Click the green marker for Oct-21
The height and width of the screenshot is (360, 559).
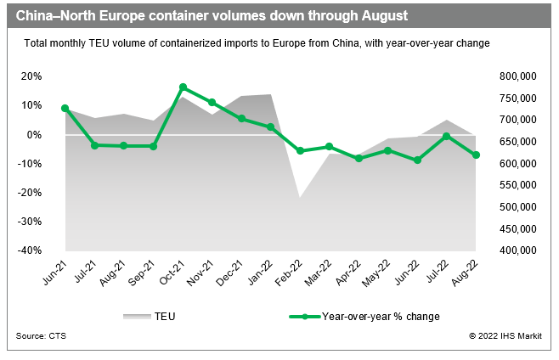click(183, 87)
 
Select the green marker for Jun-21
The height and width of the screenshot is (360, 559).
click(65, 109)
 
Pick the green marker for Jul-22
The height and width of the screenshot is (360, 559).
click(447, 136)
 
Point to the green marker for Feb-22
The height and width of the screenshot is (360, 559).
click(300, 151)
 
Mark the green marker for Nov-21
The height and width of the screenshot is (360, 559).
click(212, 102)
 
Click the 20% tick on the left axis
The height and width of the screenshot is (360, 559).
click(31, 76)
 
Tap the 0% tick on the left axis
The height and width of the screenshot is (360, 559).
click(34, 134)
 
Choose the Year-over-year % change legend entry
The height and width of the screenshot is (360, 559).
click(381, 316)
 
